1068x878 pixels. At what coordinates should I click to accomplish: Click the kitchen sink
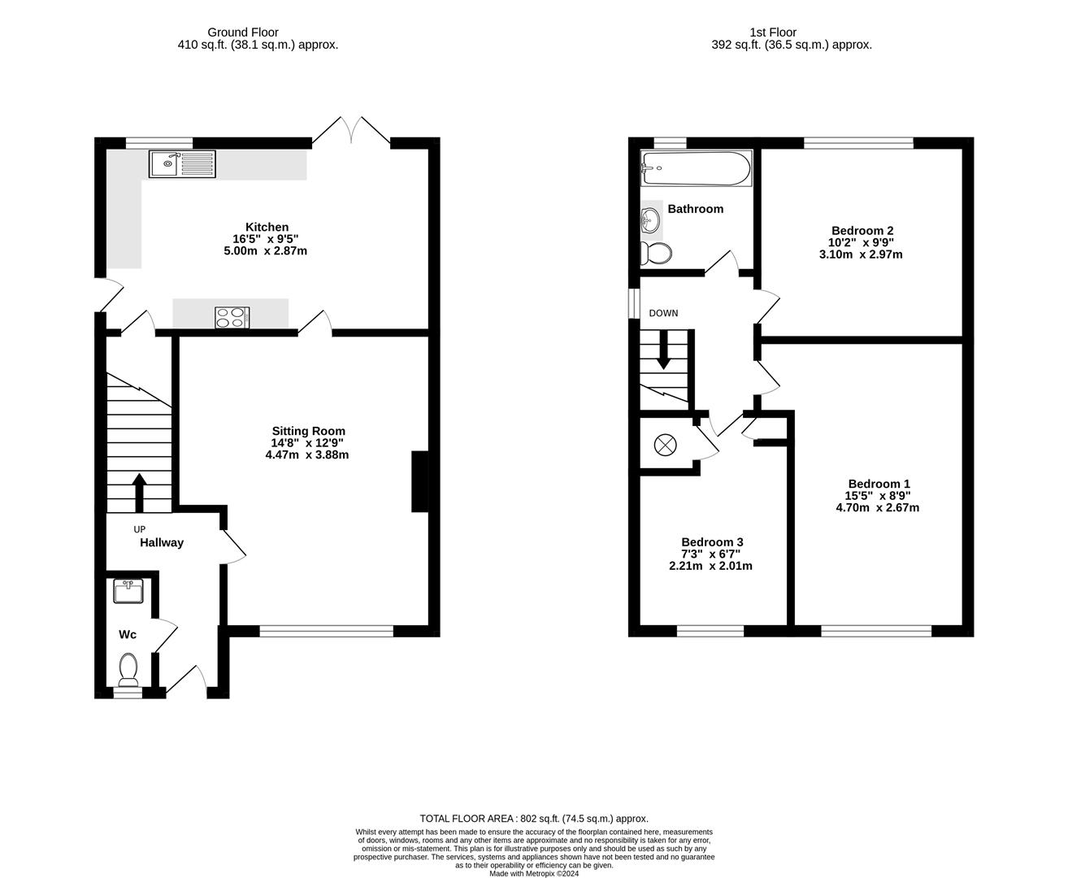click(x=182, y=164)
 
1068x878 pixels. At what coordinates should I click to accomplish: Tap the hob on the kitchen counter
click(x=232, y=317)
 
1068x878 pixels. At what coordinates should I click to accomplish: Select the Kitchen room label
click(x=267, y=227)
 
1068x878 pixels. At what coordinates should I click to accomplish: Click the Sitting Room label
click(x=308, y=431)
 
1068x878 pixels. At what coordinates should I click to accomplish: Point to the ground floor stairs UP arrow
click(x=139, y=492)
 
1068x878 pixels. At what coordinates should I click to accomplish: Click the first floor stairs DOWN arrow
click(x=664, y=351)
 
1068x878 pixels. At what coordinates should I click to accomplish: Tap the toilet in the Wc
click(x=128, y=670)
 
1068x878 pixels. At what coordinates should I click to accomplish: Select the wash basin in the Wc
click(x=128, y=591)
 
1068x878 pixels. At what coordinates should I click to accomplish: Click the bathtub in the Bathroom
click(x=697, y=168)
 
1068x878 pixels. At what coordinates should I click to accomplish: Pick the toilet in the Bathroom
click(x=655, y=253)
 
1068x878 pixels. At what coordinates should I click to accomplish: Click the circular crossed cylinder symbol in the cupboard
click(x=665, y=445)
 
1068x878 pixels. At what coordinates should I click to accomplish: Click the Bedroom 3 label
click(x=712, y=542)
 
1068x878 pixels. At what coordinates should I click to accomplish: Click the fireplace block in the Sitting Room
click(x=420, y=481)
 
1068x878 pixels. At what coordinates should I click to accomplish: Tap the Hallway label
click(x=162, y=542)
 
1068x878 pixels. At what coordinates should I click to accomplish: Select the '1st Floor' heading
click(x=773, y=33)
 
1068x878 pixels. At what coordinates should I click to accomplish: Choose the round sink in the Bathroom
click(x=650, y=218)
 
